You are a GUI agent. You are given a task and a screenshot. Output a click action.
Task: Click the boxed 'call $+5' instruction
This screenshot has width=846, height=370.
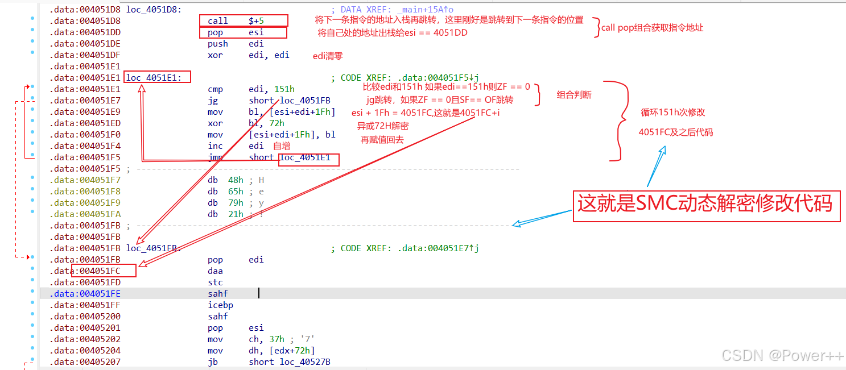click(244, 21)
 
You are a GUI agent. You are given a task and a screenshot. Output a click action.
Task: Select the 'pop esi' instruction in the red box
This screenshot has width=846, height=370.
click(243, 32)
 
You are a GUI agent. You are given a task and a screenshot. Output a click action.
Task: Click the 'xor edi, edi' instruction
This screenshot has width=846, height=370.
click(248, 55)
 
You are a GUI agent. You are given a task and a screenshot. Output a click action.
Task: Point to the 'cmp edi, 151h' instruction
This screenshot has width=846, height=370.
click(251, 89)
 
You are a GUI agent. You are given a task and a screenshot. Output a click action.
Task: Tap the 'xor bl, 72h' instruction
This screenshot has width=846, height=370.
click(246, 123)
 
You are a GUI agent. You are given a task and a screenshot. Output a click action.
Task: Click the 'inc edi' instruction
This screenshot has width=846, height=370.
click(236, 146)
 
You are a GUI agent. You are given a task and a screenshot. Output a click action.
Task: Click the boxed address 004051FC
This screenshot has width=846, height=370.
click(104, 271)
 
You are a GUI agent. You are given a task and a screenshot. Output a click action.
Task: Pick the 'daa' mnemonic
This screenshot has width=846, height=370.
click(215, 271)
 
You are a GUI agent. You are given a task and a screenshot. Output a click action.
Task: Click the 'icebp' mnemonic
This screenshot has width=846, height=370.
click(220, 305)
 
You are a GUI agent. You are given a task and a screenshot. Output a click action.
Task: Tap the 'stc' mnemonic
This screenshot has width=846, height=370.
click(215, 282)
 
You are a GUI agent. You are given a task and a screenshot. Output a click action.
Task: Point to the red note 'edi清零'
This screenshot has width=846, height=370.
click(328, 56)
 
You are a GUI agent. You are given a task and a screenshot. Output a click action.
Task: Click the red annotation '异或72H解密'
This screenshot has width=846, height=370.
click(382, 126)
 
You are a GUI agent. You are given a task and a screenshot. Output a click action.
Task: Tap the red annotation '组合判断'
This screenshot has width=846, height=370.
click(573, 95)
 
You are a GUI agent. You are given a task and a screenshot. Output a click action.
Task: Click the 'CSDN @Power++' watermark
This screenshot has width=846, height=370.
click(782, 356)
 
